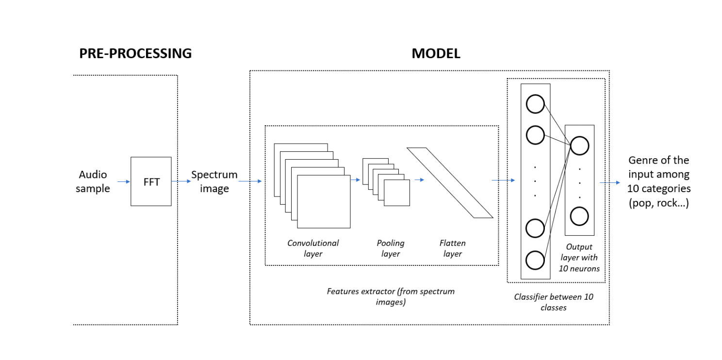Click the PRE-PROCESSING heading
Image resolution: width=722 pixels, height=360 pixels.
tap(135, 53)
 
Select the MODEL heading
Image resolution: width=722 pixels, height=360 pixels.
tap(436, 53)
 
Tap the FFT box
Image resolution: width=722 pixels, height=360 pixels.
tap(151, 181)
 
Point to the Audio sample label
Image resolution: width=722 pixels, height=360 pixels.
tap(92, 181)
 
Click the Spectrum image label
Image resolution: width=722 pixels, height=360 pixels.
tap(214, 181)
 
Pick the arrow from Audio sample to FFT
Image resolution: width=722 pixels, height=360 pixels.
tap(124, 181)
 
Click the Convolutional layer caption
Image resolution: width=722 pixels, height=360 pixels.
tap(313, 248)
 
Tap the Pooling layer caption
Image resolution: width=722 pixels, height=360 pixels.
tap(391, 248)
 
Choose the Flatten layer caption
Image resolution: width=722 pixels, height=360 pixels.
tap(452, 248)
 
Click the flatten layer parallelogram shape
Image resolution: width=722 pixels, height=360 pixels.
tap(450, 182)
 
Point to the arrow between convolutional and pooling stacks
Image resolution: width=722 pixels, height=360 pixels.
tap(356, 180)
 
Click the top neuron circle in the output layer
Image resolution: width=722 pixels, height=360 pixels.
tap(579, 146)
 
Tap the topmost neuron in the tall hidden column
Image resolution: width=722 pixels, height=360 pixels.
tap(535, 104)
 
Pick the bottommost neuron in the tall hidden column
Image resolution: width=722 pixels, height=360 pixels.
tap(535, 260)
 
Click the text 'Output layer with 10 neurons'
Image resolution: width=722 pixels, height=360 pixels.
tap(579, 258)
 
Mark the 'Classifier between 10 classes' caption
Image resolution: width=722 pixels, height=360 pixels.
tap(554, 302)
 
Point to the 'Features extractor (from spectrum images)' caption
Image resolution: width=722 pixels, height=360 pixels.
tap(391, 296)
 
